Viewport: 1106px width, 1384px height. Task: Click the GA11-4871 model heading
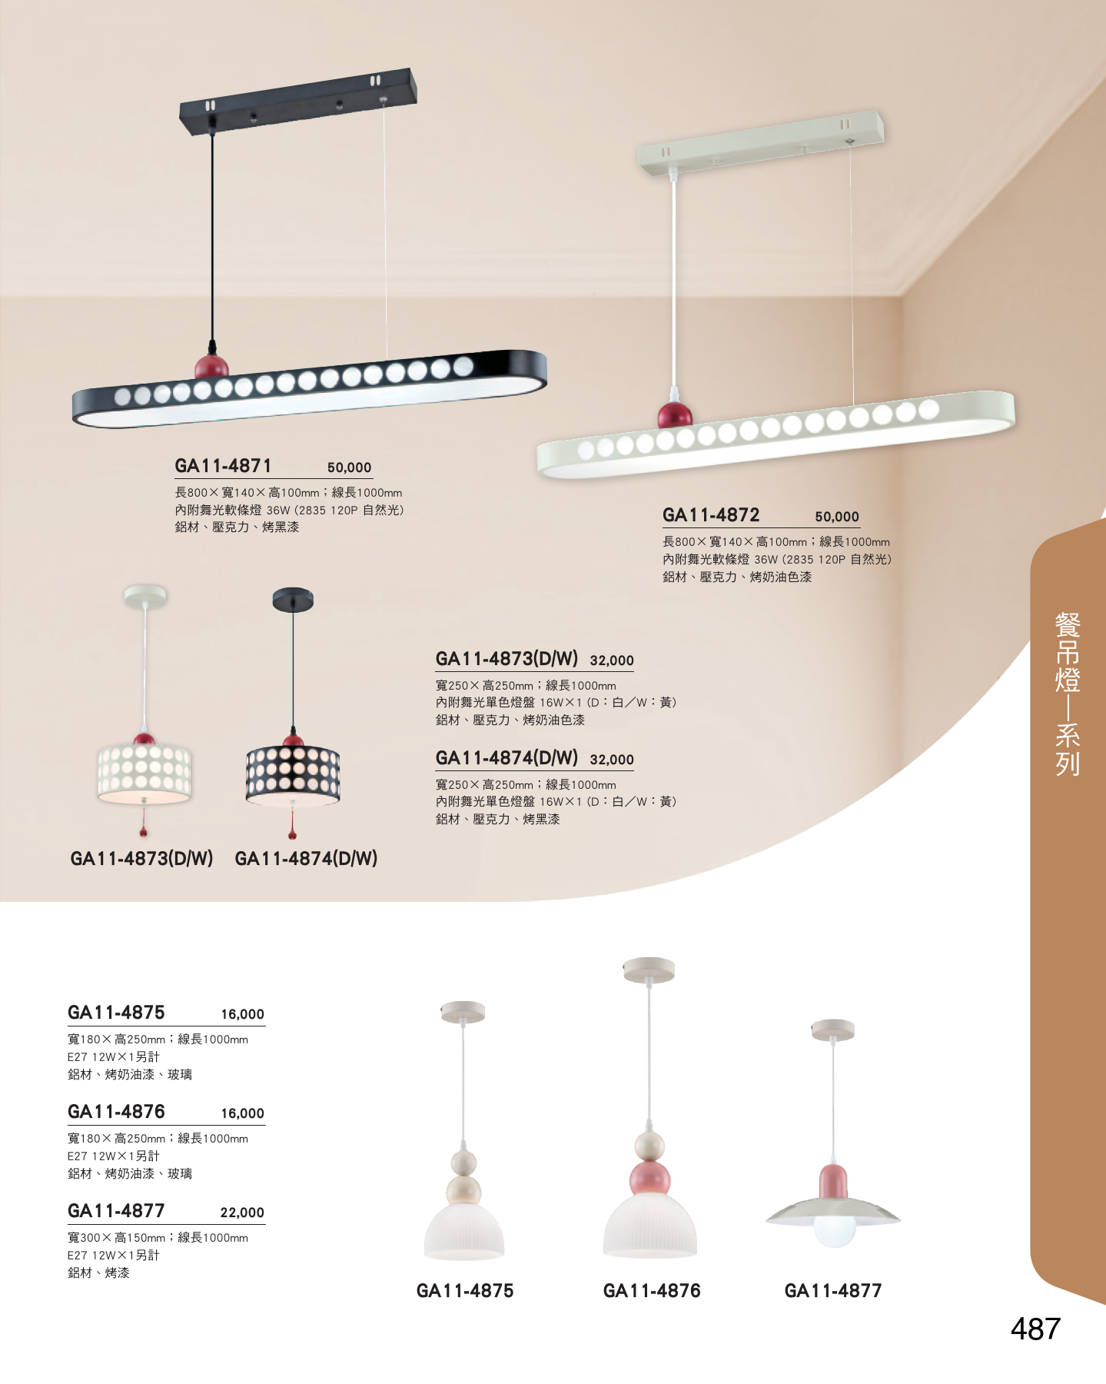(223, 466)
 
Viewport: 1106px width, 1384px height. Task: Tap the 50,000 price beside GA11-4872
(837, 517)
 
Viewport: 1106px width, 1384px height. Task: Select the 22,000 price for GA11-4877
(242, 1213)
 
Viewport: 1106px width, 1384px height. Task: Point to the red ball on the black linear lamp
(211, 367)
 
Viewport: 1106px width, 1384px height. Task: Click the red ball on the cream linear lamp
(675, 415)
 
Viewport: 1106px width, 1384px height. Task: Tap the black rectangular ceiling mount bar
(298, 101)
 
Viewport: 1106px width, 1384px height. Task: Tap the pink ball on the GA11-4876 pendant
(649, 1179)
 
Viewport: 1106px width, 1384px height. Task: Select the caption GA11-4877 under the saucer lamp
(832, 1291)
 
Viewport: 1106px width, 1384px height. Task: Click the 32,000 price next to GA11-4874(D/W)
(612, 760)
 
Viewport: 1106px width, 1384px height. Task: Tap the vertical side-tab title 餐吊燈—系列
(1068, 693)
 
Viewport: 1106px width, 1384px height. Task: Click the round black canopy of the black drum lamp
(293, 599)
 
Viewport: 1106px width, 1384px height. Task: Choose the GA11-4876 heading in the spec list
(116, 1112)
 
